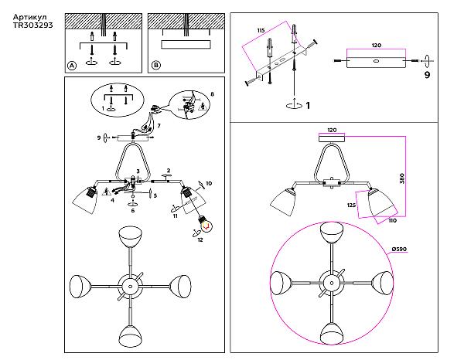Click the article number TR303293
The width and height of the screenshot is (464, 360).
coord(32,25)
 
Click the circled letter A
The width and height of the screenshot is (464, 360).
coord(72,66)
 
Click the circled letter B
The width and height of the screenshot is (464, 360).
coord(156,66)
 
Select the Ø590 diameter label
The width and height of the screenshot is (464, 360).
coord(399,250)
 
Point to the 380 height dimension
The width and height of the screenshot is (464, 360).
coord(401,178)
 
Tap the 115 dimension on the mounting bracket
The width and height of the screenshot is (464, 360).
coord(261,31)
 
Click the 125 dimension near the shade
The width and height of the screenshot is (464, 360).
coord(351,205)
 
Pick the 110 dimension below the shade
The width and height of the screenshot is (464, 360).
coord(392,220)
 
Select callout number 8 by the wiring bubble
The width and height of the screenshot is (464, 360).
coord(212,94)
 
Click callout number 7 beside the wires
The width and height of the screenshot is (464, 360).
coord(159,126)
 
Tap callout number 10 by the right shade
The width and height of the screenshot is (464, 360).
coord(209,184)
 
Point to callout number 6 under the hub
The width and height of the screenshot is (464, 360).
coord(133,210)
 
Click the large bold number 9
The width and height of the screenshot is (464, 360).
coord(427,75)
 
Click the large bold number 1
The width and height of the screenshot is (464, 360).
coord(308,106)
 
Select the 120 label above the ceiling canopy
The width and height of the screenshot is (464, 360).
coord(332,130)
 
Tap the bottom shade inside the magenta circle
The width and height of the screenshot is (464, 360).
coord(332,334)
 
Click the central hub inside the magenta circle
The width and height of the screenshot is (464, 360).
coord(332,284)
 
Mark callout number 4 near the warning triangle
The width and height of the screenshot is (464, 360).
coord(112,200)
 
